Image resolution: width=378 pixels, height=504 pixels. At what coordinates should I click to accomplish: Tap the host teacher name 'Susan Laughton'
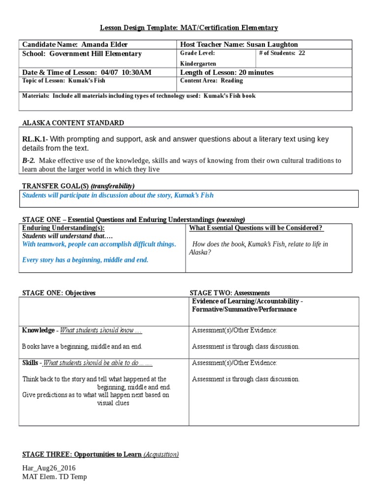(x=273, y=45)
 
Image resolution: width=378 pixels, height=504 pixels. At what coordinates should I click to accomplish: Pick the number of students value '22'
(x=301, y=53)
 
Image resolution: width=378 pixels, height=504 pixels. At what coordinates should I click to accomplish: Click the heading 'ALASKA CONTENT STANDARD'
(x=73, y=123)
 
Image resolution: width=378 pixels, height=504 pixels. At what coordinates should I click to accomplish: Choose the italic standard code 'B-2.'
(x=30, y=160)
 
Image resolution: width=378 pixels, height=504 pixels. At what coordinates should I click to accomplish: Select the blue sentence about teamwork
(x=99, y=244)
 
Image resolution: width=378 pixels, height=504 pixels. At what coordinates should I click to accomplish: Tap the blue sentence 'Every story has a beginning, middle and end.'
(x=85, y=260)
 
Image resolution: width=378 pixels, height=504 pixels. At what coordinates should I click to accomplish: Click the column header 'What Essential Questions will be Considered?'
(x=256, y=228)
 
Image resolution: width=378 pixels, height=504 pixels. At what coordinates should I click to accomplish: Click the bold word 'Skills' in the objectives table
(x=30, y=363)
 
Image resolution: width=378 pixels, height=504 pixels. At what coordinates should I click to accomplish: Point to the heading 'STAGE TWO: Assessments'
(x=229, y=293)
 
